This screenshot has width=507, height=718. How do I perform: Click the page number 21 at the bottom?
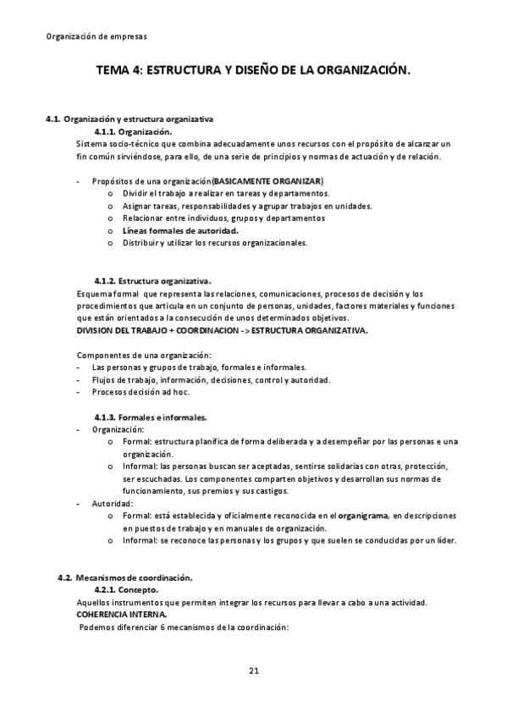pos(253,671)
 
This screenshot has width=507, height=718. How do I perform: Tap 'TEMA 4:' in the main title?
pos(119,73)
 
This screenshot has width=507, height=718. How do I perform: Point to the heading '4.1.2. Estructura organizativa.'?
pos(152,280)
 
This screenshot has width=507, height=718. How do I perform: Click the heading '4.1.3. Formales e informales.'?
pos(150,417)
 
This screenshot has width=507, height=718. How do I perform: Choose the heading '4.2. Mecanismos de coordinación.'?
pos(124,577)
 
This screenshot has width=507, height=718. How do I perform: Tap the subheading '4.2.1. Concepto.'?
pos(126,589)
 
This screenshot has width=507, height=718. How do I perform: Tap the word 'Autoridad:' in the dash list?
pos(113,503)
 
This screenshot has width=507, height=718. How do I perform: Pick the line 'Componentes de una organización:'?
pos(145,355)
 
